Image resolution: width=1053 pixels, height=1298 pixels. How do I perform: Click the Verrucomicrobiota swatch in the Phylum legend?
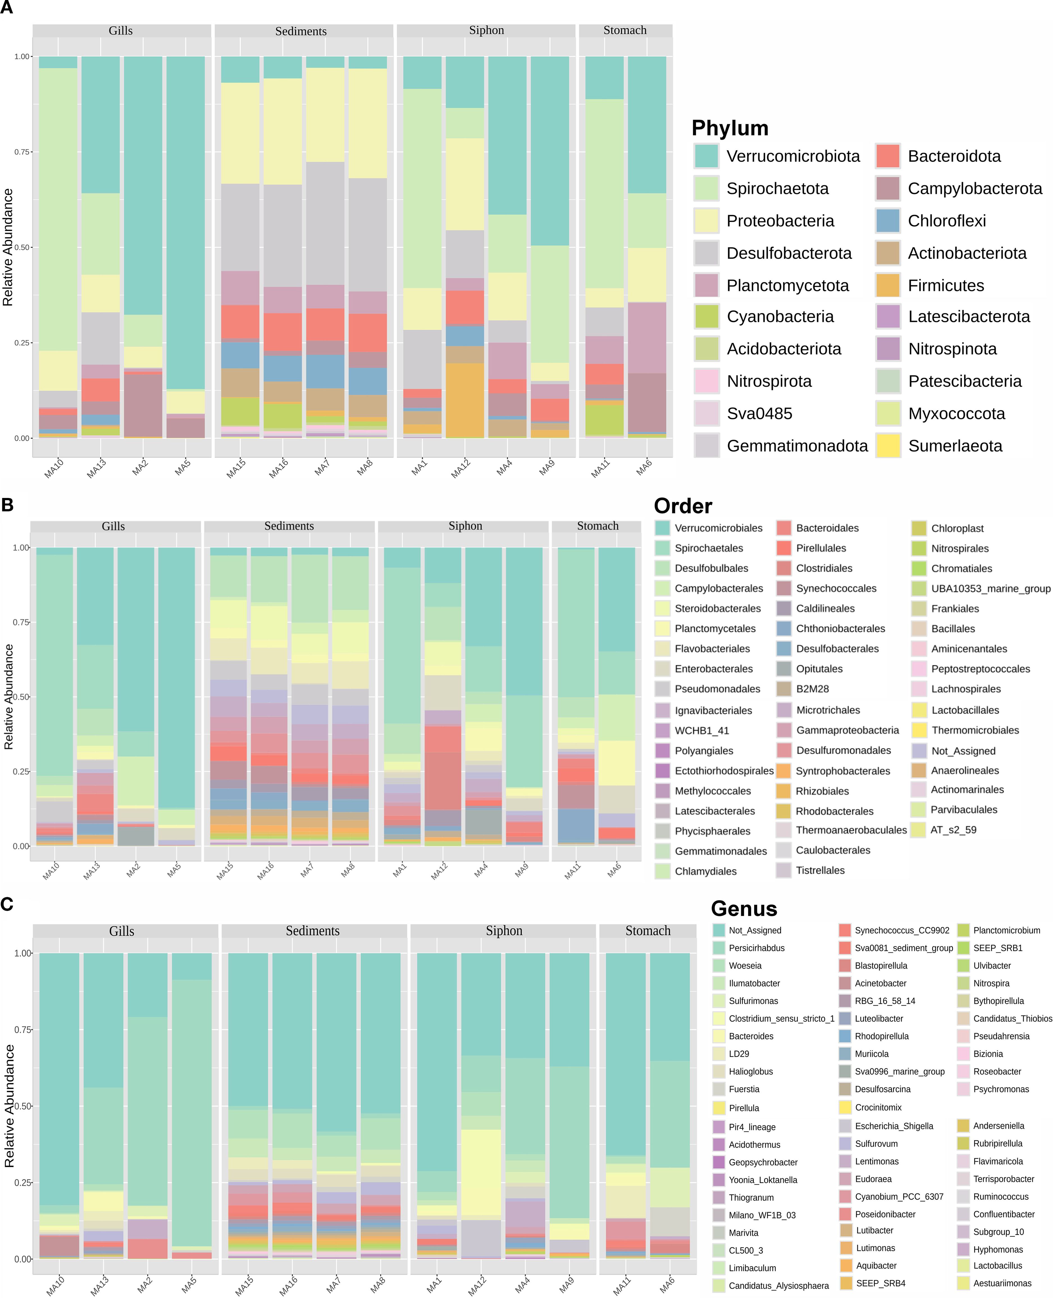click(x=706, y=156)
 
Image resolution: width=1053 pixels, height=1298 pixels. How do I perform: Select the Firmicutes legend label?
click(x=946, y=285)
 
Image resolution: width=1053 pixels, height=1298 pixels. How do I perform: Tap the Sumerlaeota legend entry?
click(x=955, y=446)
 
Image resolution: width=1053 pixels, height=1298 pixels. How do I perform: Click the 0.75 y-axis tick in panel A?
click(x=22, y=152)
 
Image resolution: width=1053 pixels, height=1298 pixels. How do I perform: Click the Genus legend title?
click(x=744, y=909)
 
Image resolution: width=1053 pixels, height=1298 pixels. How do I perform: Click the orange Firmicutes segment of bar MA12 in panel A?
click(x=465, y=400)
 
